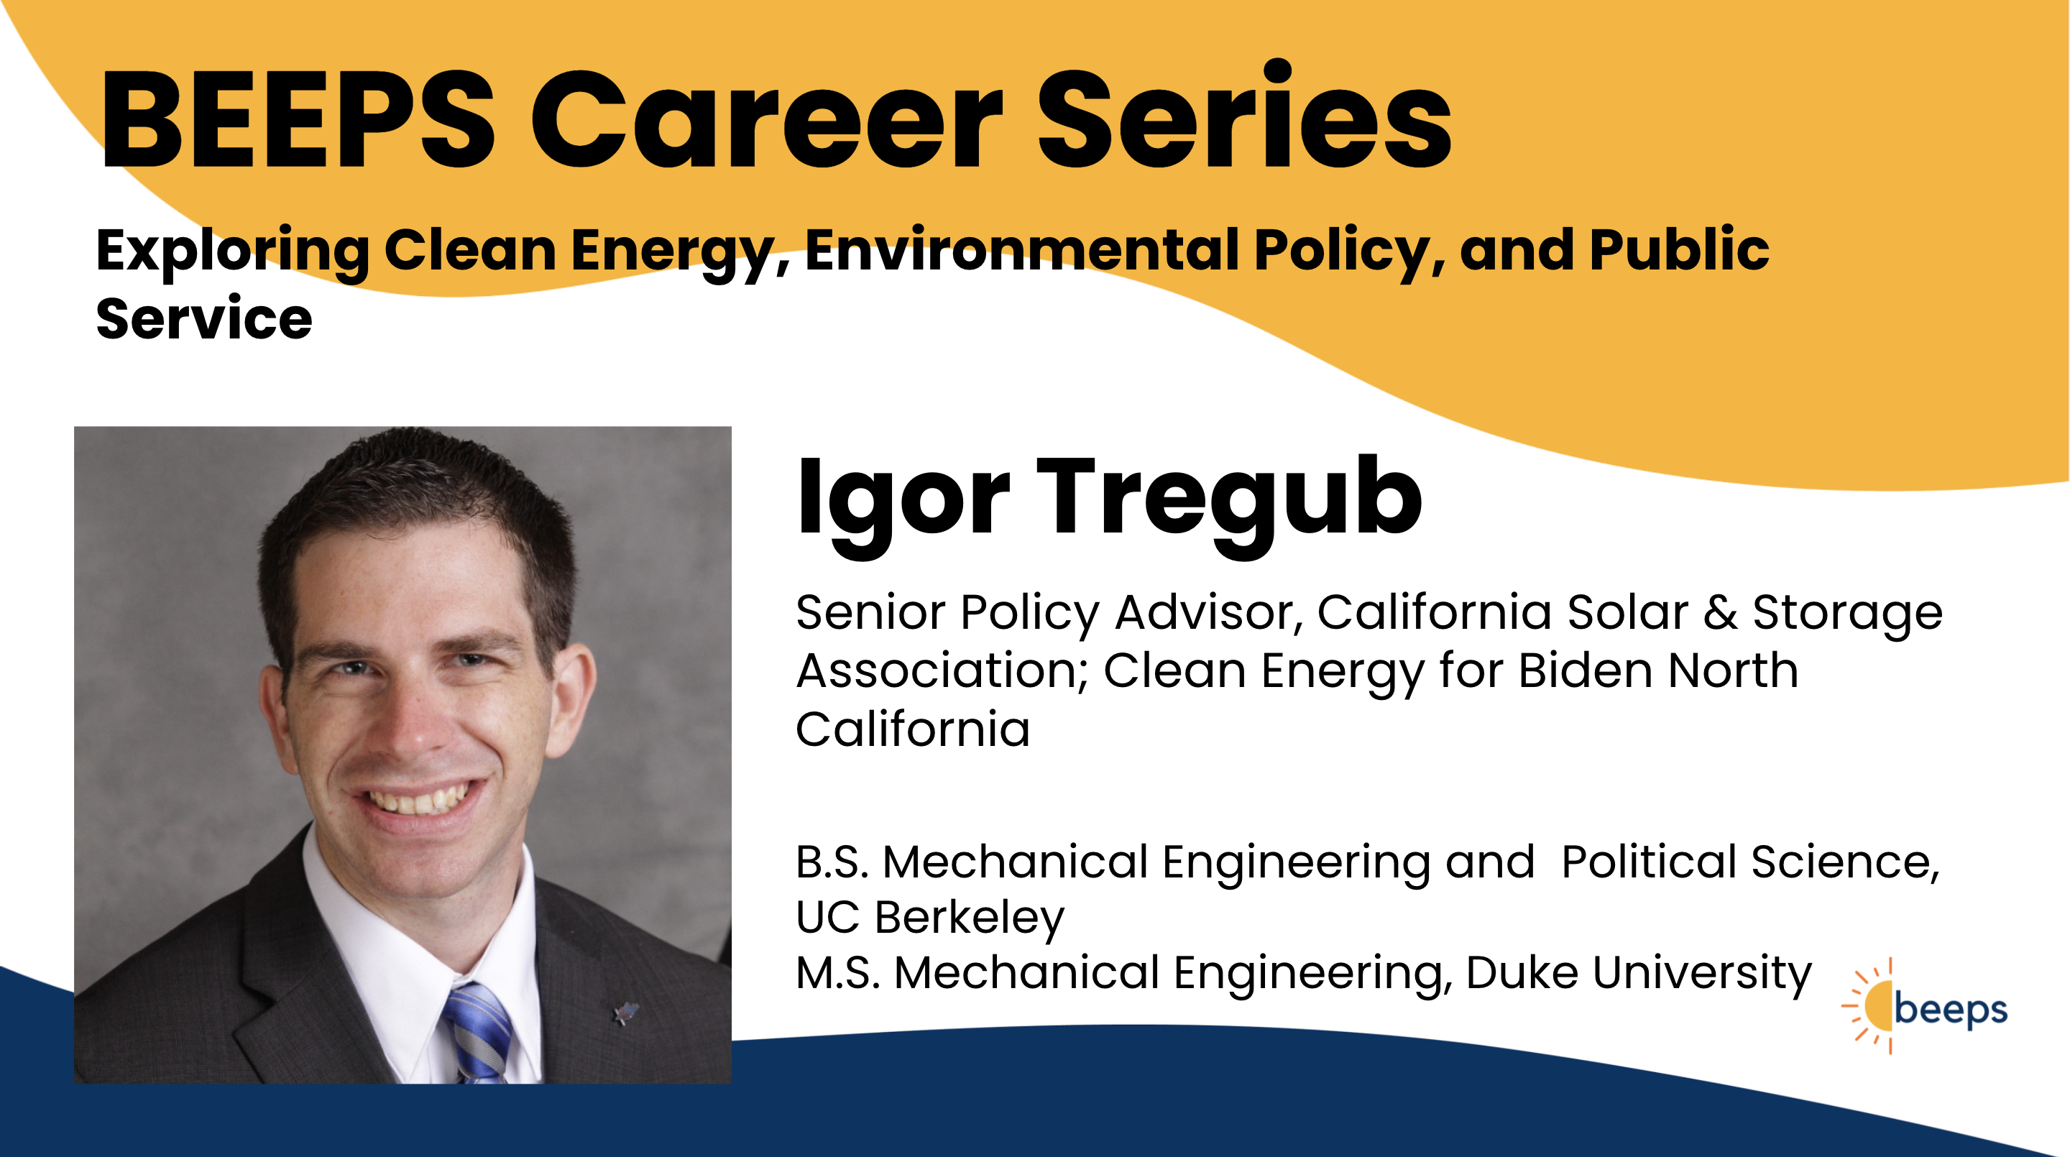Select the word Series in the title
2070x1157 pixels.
pyautogui.click(x=1245, y=116)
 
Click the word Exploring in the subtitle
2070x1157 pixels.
pyautogui.click(x=233, y=252)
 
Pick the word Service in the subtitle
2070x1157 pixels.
pyautogui.click(x=204, y=319)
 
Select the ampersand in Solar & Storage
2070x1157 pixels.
pyautogui.click(x=1720, y=613)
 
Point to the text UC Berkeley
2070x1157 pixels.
pyautogui.click(x=930, y=918)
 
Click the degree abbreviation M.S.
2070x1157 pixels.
pyautogui.click(x=839, y=973)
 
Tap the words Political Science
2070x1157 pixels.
pyautogui.click(x=1750, y=862)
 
